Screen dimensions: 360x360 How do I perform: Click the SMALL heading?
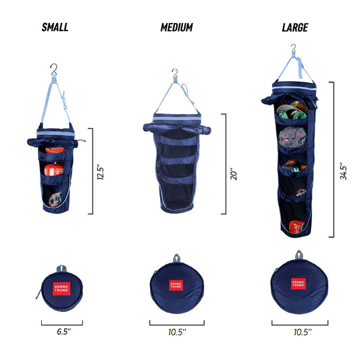[x=55, y=28]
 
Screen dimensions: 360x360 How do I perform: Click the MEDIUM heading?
[x=176, y=28]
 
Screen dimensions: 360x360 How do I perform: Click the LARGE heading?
[x=295, y=28]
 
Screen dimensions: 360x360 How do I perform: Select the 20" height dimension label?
[x=233, y=162]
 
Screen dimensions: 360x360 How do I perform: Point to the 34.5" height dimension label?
[x=344, y=170]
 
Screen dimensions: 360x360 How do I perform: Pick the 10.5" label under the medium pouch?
[x=176, y=332]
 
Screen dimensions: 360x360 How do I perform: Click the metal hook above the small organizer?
[x=54, y=68]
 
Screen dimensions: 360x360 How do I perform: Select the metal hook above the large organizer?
[x=293, y=49]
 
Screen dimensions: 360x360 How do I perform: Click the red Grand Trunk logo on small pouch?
[x=61, y=288]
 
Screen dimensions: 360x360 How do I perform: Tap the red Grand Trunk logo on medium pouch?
[x=176, y=285]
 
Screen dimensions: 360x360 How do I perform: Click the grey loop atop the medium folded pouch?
[x=176, y=257]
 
